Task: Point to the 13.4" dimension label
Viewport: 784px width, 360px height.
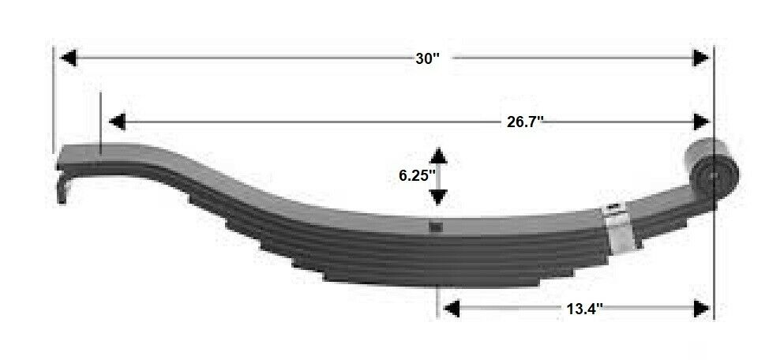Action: click(x=585, y=309)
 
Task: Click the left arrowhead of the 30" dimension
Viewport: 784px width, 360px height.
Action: click(x=68, y=58)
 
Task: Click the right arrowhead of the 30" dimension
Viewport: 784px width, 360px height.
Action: click(x=700, y=58)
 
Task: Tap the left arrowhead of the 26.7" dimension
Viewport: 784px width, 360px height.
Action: click(x=117, y=122)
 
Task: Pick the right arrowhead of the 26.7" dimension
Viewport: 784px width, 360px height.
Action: click(x=700, y=122)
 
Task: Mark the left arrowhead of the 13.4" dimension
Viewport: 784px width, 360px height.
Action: click(x=451, y=309)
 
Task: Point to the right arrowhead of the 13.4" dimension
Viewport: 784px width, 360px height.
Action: click(x=700, y=309)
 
